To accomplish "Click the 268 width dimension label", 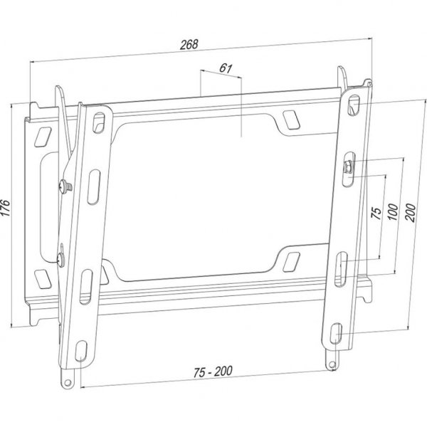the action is pos(189,45).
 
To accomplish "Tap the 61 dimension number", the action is pos(226,68).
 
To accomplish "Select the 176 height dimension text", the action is pos(6,208).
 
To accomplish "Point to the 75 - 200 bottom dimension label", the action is pos(213,371).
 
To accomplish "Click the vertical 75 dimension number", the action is pos(376,213).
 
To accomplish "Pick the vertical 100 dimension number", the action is pos(393,211).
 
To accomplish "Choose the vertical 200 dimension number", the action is pos(411,213).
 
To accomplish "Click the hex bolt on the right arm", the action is pos(348,166).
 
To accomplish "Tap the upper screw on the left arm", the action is pos(65,186).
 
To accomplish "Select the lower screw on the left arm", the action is pos(60,259).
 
